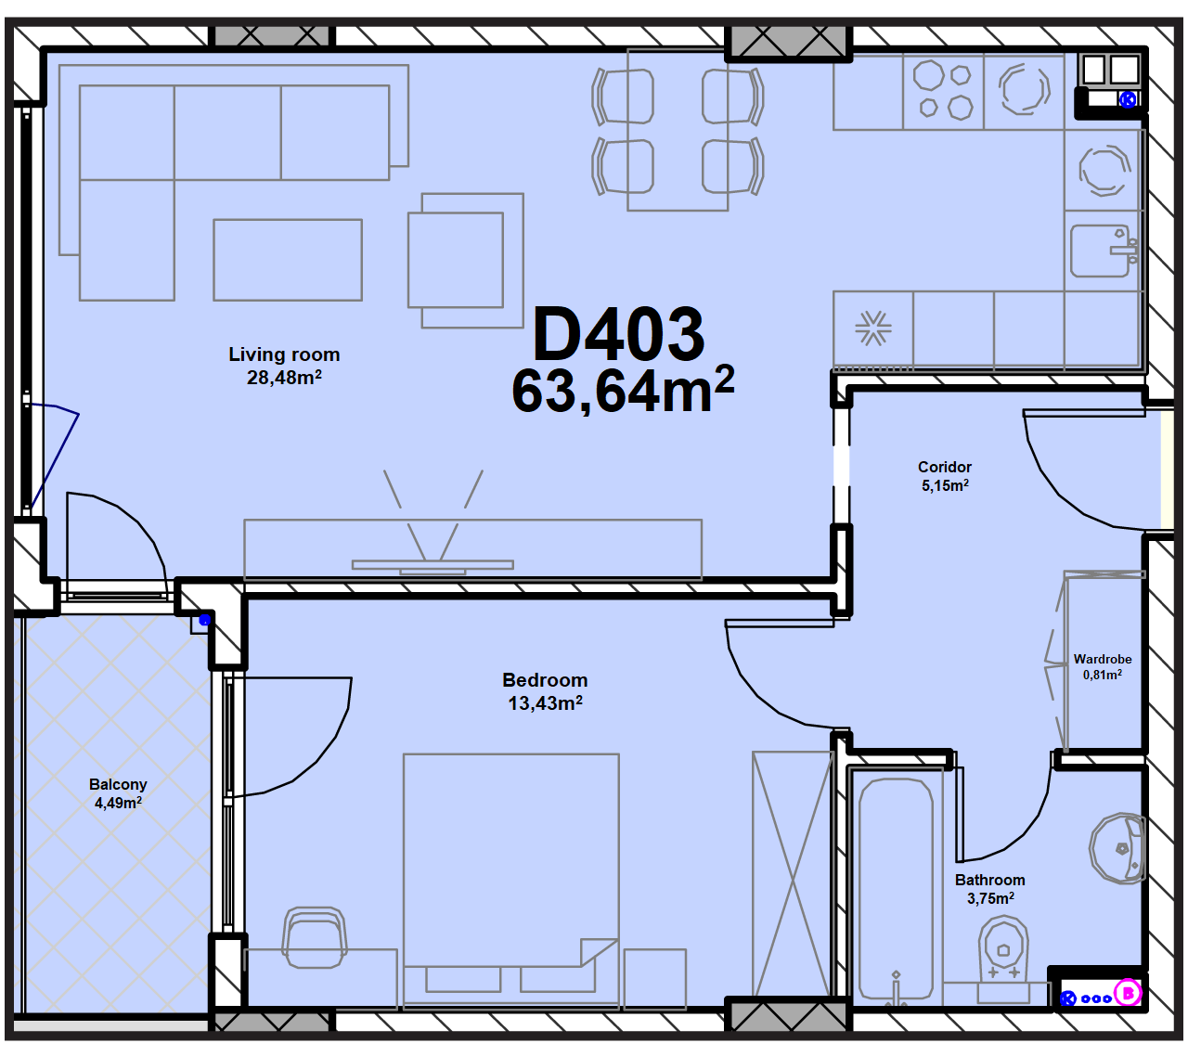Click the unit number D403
[618, 334]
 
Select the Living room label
[284, 354]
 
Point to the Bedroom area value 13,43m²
[545, 702]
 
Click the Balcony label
[118, 784]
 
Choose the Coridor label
[944, 467]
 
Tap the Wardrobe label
[1103, 659]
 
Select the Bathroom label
[989, 880]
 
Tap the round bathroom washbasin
[1117, 848]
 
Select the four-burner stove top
[944, 92]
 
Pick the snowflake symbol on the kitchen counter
[873, 328]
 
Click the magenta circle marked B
[1127, 993]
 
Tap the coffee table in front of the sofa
[288, 260]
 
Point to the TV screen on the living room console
[433, 564]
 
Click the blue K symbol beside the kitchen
[1127, 99]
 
